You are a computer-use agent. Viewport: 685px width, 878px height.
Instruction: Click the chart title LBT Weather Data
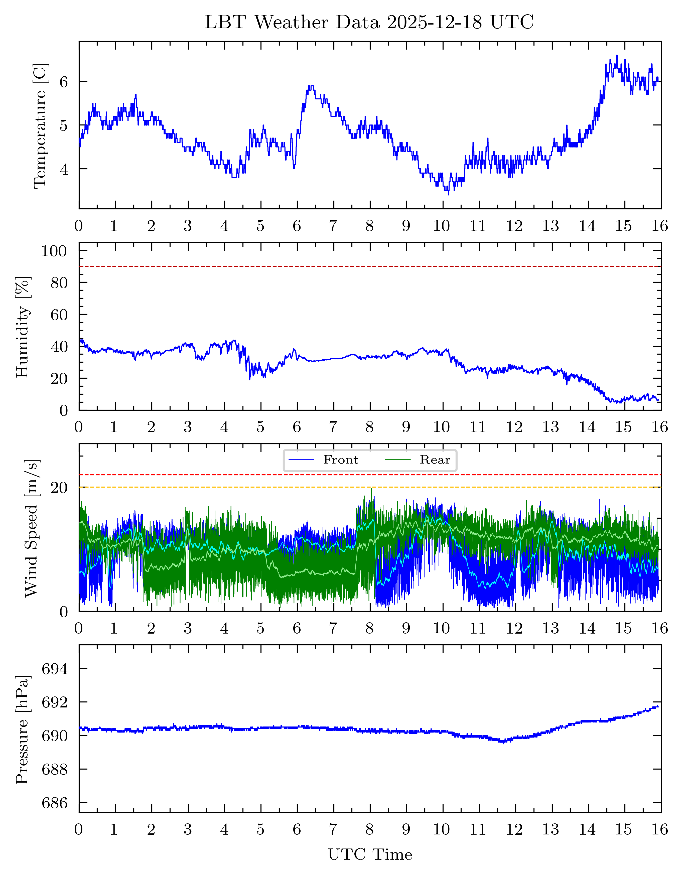pos(369,22)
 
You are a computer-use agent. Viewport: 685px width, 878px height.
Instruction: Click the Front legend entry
pos(340,460)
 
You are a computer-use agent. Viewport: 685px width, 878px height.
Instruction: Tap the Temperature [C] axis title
pos(40,125)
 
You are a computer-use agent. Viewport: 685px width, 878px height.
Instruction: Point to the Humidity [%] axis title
pos(23,327)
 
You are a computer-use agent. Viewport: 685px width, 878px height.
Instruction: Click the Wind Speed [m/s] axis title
pos(31,528)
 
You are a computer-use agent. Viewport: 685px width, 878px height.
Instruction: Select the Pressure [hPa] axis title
pos(23,730)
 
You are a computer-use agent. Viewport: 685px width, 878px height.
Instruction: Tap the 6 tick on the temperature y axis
pos(64,82)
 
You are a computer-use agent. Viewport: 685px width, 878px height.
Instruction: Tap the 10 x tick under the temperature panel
pos(441,226)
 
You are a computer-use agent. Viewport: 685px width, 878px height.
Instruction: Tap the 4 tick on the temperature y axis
pos(64,169)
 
